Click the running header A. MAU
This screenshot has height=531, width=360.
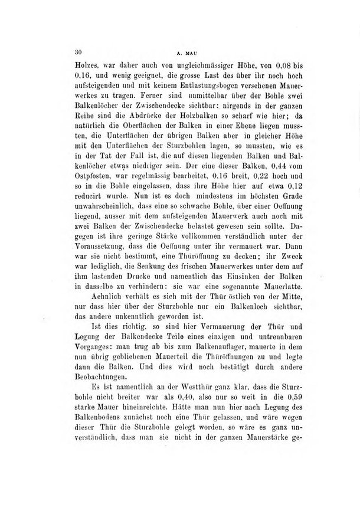[x=182, y=52]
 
